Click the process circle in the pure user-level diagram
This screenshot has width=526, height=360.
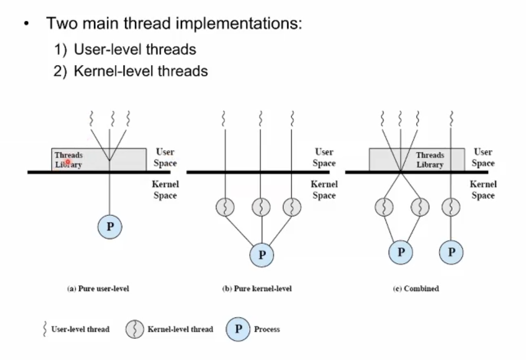point(109,227)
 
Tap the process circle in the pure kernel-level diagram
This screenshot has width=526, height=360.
point(262,255)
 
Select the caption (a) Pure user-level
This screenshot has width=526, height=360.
point(98,289)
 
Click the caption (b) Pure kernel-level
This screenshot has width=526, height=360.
point(257,289)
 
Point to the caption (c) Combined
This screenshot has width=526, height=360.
point(416,289)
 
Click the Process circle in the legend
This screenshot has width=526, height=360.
point(238,329)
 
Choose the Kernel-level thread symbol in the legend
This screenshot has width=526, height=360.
point(134,329)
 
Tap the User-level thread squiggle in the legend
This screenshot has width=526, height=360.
point(45,329)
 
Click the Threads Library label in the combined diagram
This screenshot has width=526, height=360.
point(430,160)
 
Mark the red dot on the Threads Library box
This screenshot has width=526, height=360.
point(68,162)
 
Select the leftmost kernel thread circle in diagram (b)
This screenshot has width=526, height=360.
point(225,207)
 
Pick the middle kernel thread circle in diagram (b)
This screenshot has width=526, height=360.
point(261,207)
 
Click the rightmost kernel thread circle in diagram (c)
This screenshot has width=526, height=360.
point(451,207)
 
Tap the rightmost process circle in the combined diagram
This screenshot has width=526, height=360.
point(451,252)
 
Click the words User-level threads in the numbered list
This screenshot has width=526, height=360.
point(135,49)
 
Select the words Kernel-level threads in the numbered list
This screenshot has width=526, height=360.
point(140,71)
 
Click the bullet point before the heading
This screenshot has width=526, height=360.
point(26,24)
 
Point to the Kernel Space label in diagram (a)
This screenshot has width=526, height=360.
point(165,189)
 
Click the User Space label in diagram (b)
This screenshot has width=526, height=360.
point(324,157)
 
